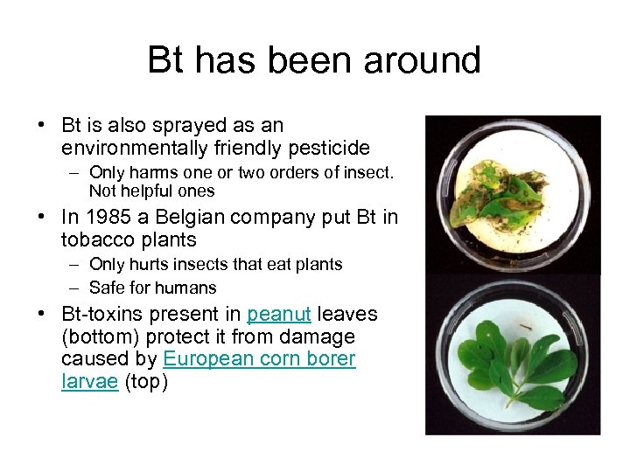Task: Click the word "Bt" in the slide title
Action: click(x=167, y=60)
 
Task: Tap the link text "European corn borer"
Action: click(x=259, y=359)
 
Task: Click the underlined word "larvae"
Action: click(x=89, y=382)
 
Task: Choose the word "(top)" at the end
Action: click(x=147, y=382)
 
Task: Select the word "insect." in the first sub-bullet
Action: click(x=370, y=172)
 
